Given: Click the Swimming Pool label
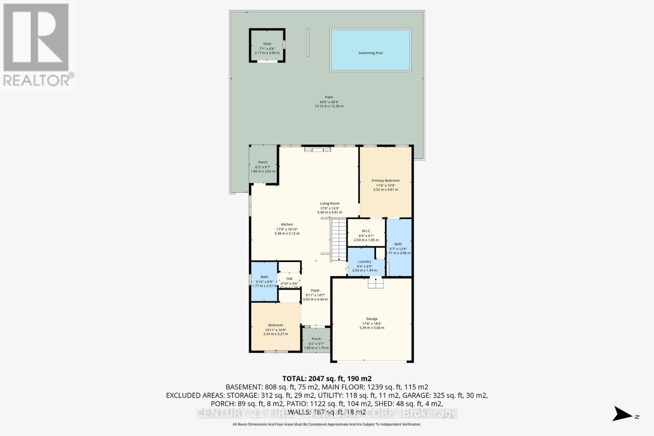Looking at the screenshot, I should coord(370,53).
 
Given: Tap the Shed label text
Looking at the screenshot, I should coord(267,44).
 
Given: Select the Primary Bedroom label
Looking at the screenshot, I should coord(385,181).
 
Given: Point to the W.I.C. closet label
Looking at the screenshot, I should coord(366,231).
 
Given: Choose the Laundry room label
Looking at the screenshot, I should coord(365,262).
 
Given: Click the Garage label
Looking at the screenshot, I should coord(372,319).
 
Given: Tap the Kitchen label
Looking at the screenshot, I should coord(287,224).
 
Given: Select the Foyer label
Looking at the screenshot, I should coord(315,291).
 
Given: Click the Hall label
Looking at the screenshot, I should coord(289,279).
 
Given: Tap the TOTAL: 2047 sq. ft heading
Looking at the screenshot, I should coord(327,379).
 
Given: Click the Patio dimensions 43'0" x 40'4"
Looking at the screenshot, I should coord(329,102).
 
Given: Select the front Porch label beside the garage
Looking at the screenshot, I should coord(316,339).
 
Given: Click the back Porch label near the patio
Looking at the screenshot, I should coord(262,162).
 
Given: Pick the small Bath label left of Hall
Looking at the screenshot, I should coord(264,277).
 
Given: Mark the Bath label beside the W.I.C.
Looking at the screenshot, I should coord(398,244).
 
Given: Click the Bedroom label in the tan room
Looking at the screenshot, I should coord(275,325).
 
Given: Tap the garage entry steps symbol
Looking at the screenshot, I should coord(375,283).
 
